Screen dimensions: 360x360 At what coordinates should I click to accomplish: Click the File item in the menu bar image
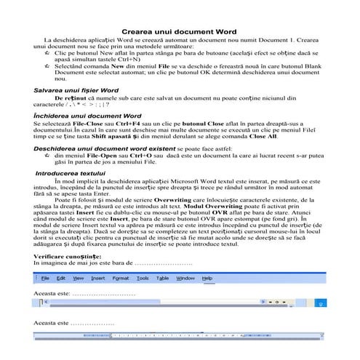45,278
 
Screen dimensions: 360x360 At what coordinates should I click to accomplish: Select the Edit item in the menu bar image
62,278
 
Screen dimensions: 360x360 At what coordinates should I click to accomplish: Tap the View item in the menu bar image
78,278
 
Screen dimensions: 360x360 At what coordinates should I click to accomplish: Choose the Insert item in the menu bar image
97,278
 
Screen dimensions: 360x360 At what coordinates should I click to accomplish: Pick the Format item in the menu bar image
120,278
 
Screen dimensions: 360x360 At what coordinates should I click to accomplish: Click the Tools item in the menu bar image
143,278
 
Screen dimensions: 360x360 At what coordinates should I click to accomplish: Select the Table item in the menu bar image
162,278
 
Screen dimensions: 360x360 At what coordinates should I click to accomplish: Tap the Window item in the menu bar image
185,278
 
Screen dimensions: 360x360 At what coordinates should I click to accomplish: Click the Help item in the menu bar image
207,278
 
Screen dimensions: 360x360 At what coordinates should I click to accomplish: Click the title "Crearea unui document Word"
180,33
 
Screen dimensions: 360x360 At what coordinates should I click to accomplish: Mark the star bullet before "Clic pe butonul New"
47,54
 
